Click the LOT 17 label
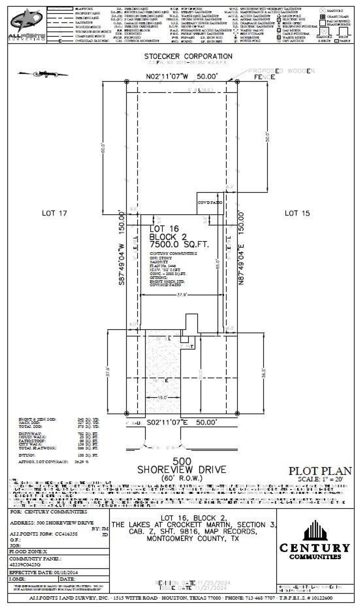(54, 213)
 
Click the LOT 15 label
(297, 213)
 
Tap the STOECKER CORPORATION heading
(188, 56)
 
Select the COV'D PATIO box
(210, 203)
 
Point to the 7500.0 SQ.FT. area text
(179, 244)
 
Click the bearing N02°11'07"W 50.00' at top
(182, 76)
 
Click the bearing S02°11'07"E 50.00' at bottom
(182, 422)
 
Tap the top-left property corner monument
(126, 82)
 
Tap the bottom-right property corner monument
(237, 413)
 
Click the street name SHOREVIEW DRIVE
(182, 470)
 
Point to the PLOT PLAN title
(320, 471)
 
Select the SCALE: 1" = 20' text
(324, 479)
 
